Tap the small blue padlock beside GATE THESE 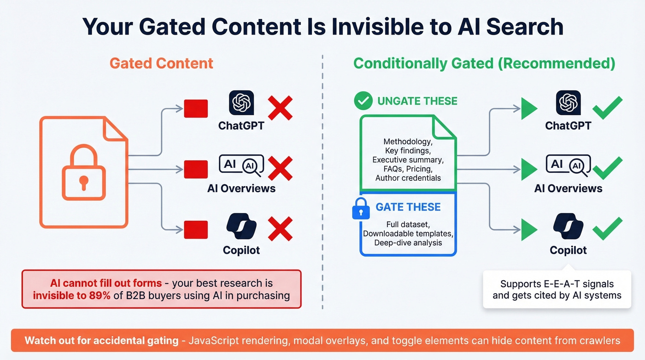(x=361, y=209)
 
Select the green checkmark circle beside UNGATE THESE (x=363, y=100)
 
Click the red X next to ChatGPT (x=280, y=108)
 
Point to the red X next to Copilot (x=280, y=229)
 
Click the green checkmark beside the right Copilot (x=607, y=229)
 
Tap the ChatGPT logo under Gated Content (x=241, y=103)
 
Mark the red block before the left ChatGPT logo (x=196, y=108)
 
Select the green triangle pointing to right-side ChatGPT (x=529, y=109)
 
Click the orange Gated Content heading (x=161, y=63)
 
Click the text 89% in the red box (x=100, y=295)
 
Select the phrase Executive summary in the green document (x=408, y=160)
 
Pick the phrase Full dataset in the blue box (x=408, y=224)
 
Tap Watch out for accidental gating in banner (x=101, y=341)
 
